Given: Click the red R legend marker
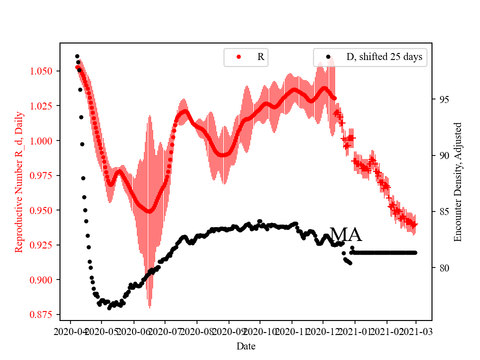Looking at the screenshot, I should (238, 57).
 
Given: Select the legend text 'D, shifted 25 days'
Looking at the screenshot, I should (384, 57).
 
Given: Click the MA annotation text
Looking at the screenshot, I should (345, 234).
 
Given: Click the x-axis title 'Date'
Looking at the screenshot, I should (245, 345).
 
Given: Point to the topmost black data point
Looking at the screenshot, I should (77, 56).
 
